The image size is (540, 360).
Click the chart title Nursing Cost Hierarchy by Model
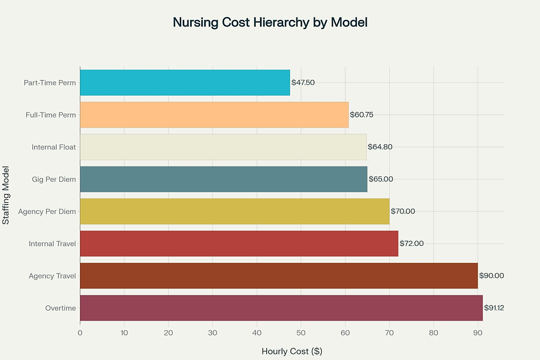tap(270, 23)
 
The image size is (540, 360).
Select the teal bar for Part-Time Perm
tap(185, 83)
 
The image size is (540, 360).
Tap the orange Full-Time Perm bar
tap(214, 115)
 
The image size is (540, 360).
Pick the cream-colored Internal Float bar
tap(223, 147)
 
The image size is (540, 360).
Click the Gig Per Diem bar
tap(223, 179)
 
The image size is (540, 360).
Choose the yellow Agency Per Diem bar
tap(234, 211)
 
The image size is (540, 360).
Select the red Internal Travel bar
tap(239, 244)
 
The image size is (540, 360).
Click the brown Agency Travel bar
tap(278, 276)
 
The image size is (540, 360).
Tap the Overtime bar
tap(281, 308)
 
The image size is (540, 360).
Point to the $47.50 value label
tap(303, 83)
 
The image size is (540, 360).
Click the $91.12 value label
tap(494, 308)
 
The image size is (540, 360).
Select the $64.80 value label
tap(380, 147)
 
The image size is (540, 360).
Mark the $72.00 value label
tap(411, 244)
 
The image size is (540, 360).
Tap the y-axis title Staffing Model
tap(6, 195)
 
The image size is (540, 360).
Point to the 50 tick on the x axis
tap(301, 333)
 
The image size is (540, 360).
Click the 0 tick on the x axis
tap(80, 333)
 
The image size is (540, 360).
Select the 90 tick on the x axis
tap(478, 333)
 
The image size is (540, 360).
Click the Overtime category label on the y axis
tap(61, 308)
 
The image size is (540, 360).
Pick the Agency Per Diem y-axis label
tap(47, 211)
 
